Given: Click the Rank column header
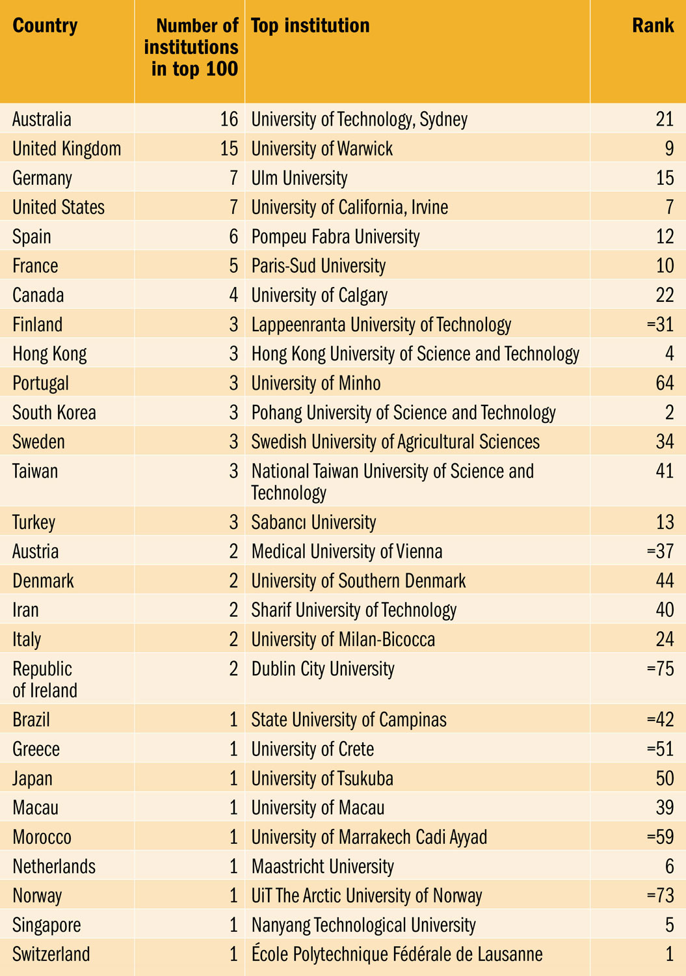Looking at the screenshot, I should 652,26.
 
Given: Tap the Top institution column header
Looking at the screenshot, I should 310,26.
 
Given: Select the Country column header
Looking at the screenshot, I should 45,26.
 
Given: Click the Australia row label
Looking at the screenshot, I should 42,120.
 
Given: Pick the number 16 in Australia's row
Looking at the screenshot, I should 229,120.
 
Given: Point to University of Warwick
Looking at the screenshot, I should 322,149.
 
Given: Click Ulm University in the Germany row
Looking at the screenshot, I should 299,178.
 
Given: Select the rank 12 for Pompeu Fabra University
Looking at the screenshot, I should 665,237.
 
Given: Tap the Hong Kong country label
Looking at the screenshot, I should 49,354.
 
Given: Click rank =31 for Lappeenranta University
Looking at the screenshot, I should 660,325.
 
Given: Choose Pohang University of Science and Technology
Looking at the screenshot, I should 403,413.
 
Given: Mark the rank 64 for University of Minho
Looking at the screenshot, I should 665,383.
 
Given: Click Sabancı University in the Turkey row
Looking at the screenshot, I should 313,522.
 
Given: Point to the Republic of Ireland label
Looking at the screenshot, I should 44,679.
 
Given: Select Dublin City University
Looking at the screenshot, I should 323,670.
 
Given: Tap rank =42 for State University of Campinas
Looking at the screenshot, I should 660,720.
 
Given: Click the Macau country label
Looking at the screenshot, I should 35,808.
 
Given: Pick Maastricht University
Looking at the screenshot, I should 323,867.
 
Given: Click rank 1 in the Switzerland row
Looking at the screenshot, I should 669,955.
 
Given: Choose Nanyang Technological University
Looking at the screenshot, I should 363,925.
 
